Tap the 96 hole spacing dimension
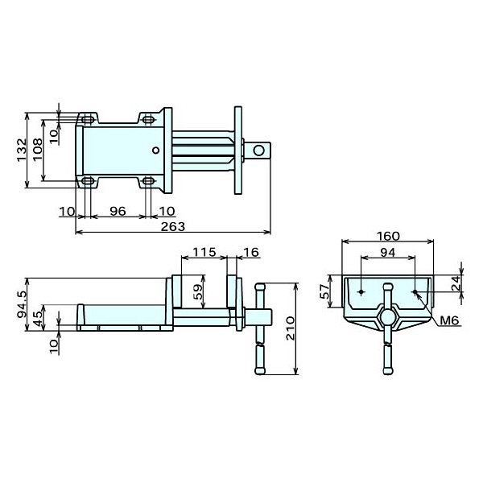pos(117,211)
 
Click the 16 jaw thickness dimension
pos(250,252)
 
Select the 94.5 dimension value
pos(22,304)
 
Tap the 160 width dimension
pos(388,237)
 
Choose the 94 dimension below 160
pos(388,253)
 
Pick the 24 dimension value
pos(456,283)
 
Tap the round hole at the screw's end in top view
pos(259,150)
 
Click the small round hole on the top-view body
pos(156,149)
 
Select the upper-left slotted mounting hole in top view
pos(87,120)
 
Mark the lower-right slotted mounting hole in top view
pos(150,181)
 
